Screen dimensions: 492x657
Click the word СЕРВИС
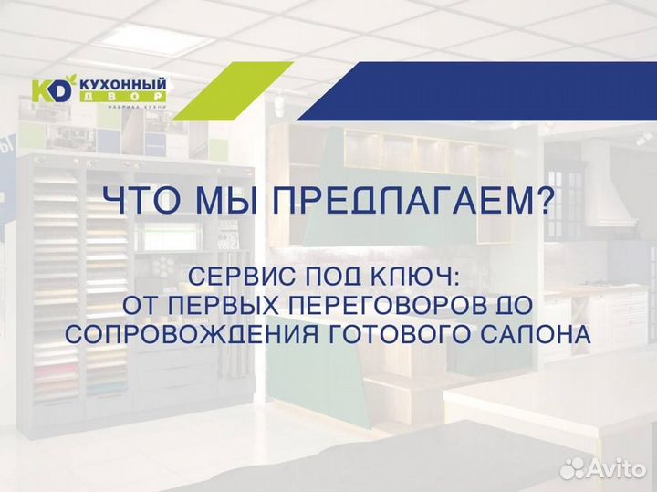click(235, 275)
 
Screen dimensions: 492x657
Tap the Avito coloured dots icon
click(573, 468)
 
